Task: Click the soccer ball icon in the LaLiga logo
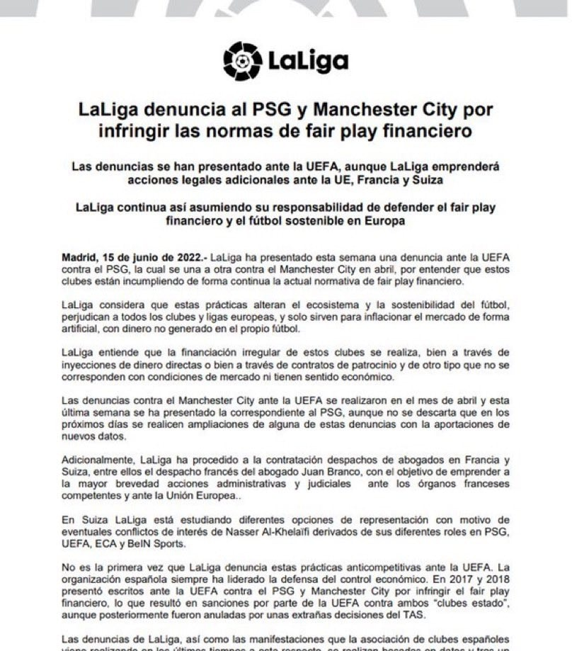(242, 60)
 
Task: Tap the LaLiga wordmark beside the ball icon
(308, 62)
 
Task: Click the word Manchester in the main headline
(366, 111)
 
